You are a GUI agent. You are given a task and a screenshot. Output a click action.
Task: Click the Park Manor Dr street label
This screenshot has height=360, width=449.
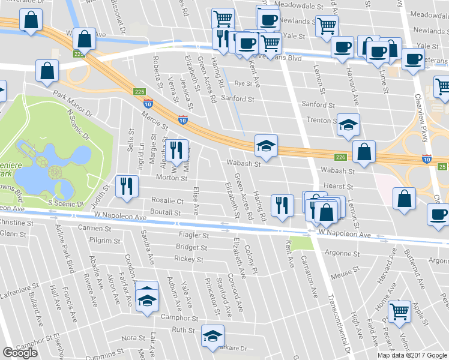[71, 104]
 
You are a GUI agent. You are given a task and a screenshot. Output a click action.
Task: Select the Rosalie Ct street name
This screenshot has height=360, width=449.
[167, 200]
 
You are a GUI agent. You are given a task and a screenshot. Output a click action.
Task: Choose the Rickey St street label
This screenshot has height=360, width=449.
[188, 259]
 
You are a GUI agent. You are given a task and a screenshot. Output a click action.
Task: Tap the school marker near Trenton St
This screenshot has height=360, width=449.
[348, 125]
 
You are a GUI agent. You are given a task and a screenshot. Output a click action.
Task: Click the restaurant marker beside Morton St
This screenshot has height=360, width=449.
[127, 186]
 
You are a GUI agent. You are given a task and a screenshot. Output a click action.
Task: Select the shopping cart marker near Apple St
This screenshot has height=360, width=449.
[399, 311]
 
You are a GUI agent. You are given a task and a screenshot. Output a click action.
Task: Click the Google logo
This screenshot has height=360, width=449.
[20, 353]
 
